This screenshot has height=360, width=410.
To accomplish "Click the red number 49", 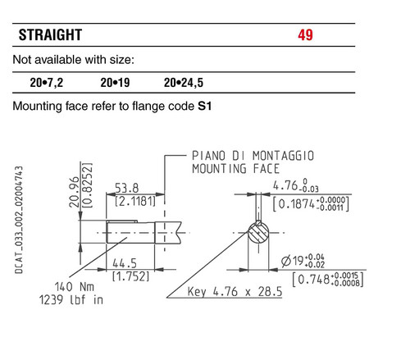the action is point(305,35).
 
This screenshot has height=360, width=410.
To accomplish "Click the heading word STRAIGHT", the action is point(50,35).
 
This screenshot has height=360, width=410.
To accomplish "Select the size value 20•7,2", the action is point(47,83).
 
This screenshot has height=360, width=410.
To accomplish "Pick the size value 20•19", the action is point(115,83).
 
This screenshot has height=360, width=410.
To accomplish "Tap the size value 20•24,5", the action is point(184,83).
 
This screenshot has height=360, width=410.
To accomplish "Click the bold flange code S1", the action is point(205,107).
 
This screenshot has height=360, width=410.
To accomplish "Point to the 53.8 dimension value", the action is point(127,188).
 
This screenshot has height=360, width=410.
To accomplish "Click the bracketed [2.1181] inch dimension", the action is point(135,202).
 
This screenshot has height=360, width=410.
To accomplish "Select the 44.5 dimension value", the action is point(125,263).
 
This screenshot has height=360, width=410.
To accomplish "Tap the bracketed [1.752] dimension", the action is point(131,276).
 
